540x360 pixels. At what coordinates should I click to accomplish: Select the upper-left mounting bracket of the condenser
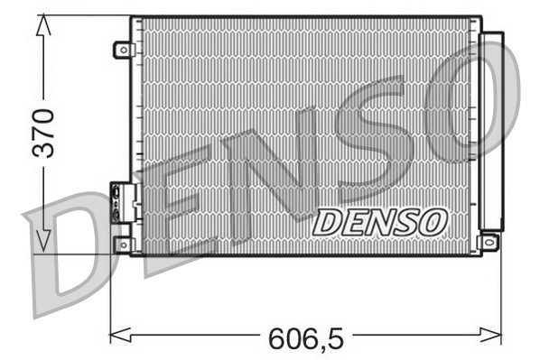123,51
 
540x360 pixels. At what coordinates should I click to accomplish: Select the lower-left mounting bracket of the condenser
123,244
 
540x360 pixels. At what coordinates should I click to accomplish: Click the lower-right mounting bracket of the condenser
489,242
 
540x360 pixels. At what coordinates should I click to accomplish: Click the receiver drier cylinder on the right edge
491,131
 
